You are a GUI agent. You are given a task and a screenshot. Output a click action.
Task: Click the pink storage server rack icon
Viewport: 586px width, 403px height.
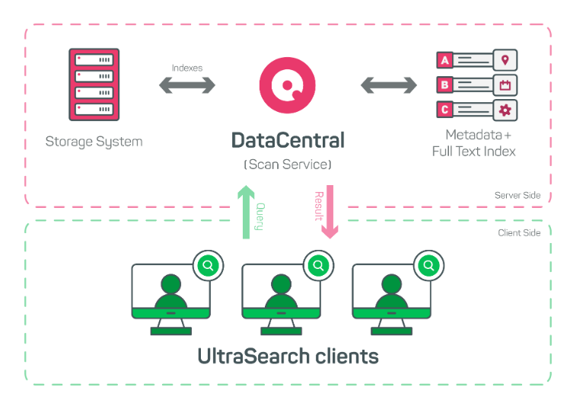tap(94, 85)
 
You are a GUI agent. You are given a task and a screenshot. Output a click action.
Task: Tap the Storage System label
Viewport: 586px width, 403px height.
tap(94, 142)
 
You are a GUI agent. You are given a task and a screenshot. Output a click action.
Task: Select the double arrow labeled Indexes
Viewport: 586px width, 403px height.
tap(187, 85)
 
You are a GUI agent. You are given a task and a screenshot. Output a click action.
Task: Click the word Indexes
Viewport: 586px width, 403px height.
tap(187, 67)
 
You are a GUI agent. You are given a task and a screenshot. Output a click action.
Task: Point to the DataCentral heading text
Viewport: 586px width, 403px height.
tap(288, 141)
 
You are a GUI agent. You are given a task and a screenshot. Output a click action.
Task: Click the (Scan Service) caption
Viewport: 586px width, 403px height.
tap(288, 165)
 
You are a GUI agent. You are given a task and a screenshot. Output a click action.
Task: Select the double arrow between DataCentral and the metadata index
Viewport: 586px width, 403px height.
tap(388, 85)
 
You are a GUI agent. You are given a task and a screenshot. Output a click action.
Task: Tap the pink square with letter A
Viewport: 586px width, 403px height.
tap(444, 59)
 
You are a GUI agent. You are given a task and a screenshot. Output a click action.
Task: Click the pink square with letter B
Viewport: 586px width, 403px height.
tap(444, 85)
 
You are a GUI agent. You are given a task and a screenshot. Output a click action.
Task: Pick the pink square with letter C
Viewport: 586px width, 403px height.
tap(444, 110)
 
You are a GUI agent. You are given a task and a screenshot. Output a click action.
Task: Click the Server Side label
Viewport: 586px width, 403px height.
tap(518, 196)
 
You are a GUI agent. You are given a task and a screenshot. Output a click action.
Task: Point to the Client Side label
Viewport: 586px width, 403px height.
tap(518, 232)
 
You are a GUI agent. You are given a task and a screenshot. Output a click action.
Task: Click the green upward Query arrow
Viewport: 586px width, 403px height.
tap(245, 212)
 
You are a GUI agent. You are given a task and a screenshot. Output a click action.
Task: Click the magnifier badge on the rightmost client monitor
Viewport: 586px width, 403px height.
tap(429, 265)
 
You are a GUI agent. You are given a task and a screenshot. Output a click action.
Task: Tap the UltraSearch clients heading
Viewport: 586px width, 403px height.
tap(288, 356)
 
